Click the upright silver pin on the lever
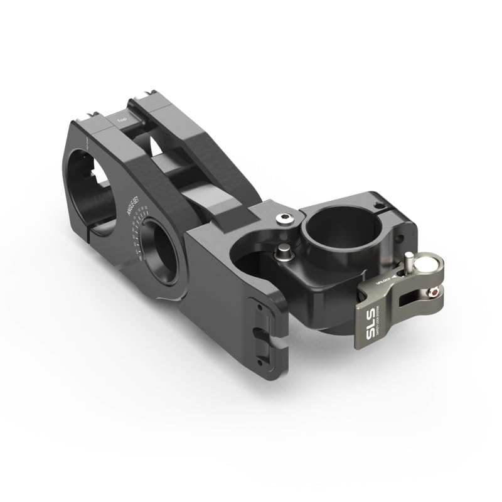409,257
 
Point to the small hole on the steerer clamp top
378,205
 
